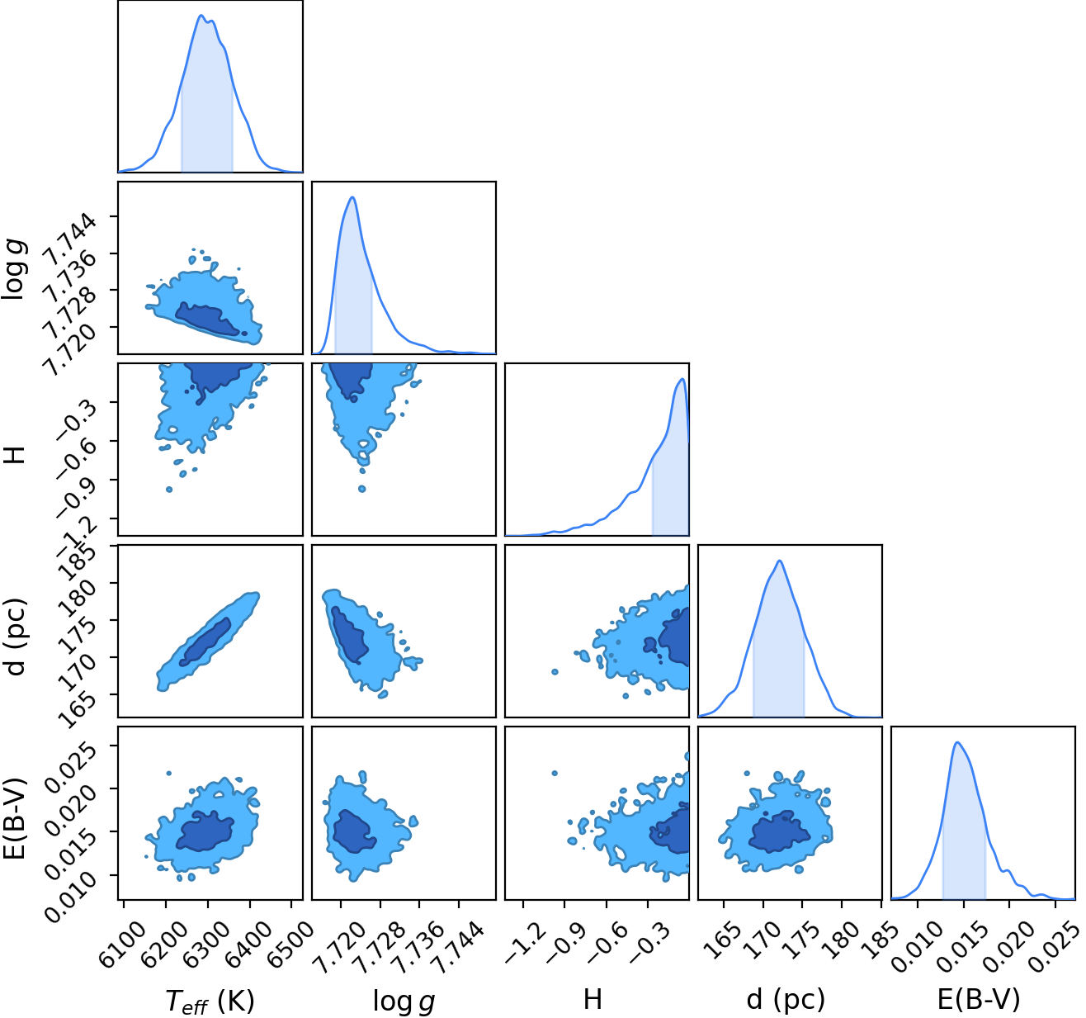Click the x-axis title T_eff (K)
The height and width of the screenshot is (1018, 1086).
tap(210, 1000)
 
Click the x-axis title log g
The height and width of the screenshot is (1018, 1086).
tap(404, 1001)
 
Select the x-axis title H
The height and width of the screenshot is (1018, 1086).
tap(593, 999)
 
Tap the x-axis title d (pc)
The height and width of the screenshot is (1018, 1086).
tap(786, 1000)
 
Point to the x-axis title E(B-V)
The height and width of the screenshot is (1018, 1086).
tap(979, 999)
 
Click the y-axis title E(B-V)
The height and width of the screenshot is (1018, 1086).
tap(16, 817)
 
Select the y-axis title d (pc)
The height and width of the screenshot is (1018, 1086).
tap(16, 637)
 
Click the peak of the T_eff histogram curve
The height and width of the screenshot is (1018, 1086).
tap(201, 15)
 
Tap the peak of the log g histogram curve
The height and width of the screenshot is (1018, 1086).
tap(352, 196)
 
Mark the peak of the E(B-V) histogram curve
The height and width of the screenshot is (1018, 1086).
tap(957, 742)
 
